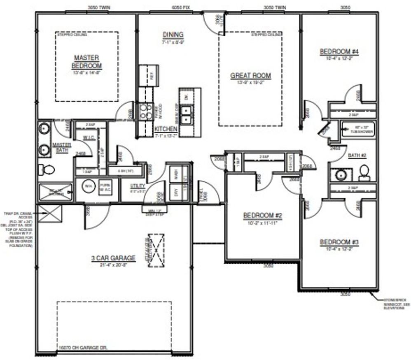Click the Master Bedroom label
(87, 62)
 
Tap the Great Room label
(250, 75)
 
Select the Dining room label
(173, 35)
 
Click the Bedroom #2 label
(263, 215)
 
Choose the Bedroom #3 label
(339, 242)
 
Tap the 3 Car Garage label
(113, 258)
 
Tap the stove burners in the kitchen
(145, 111)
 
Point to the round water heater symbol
(87, 186)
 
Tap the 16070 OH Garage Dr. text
(83, 348)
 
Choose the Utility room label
(138, 186)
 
